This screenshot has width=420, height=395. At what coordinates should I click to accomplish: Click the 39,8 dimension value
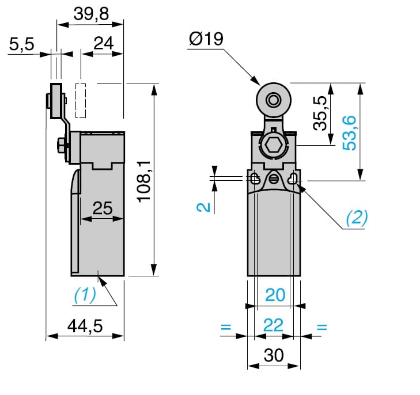(91, 14)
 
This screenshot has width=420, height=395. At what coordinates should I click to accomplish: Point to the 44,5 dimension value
(85, 326)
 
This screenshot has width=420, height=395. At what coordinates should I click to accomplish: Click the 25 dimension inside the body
(103, 208)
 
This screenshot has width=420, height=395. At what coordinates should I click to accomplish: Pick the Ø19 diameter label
(206, 39)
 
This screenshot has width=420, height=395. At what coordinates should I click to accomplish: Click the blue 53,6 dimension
(349, 132)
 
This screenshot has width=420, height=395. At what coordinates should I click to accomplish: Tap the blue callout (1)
(85, 295)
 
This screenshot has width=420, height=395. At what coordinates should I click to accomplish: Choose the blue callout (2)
(356, 217)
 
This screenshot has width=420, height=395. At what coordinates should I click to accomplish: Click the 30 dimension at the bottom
(274, 356)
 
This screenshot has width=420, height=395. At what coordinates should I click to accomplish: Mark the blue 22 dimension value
(274, 326)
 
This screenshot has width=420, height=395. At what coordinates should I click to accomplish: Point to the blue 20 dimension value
(275, 295)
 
